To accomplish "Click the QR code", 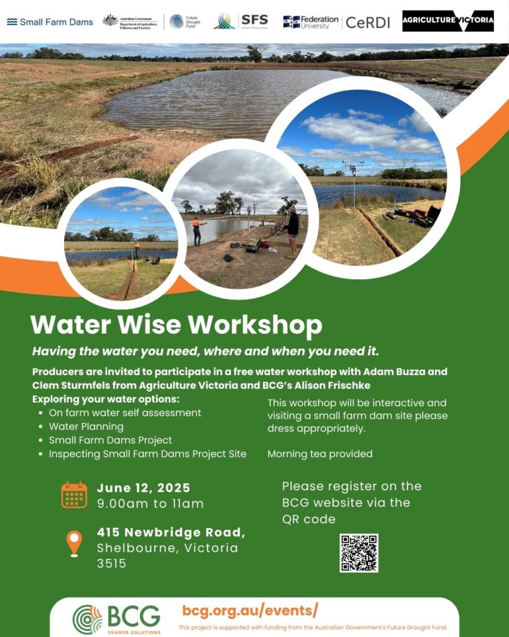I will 359,552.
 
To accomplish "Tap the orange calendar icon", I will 74,495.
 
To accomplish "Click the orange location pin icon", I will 74,543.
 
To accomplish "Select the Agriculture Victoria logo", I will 447,21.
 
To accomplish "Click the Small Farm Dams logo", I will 50,22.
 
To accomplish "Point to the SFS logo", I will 241,21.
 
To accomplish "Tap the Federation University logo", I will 310,22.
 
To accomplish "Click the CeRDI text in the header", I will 368,22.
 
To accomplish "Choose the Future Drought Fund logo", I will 185,22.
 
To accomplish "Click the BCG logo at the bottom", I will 116,618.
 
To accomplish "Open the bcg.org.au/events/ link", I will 250,610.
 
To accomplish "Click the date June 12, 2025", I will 144,488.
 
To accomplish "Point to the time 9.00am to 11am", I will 150,503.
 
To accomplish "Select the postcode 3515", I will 111,564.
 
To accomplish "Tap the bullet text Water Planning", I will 86,427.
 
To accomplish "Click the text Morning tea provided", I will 319,454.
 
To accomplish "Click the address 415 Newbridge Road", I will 171,532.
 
